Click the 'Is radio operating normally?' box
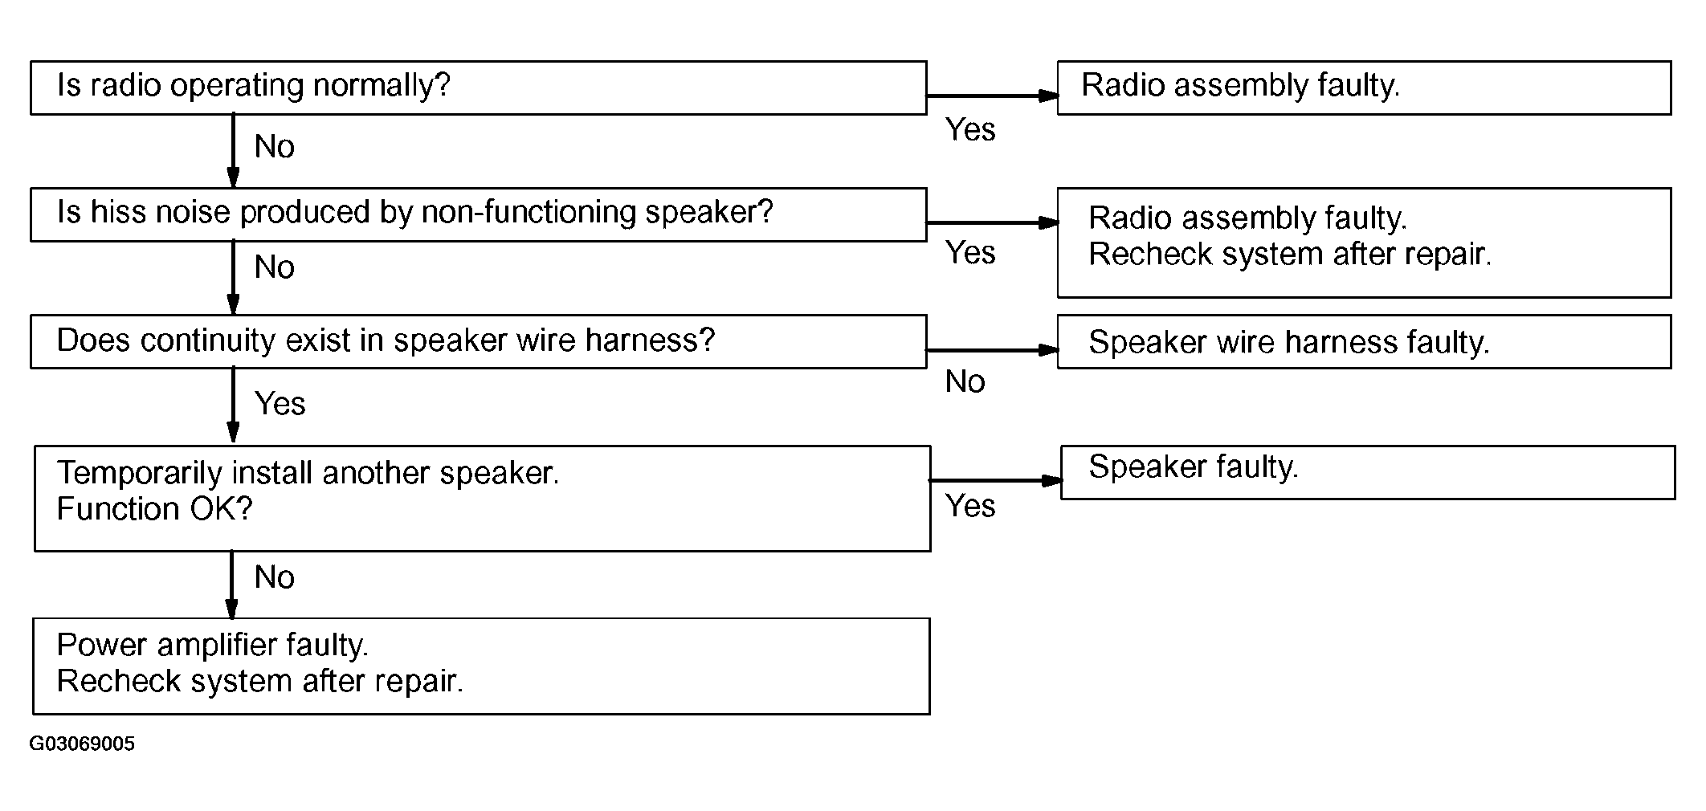(x=479, y=88)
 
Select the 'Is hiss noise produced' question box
(x=479, y=214)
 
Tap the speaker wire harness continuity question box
(x=479, y=341)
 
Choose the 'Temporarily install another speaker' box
(x=483, y=499)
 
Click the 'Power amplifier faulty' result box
(x=482, y=666)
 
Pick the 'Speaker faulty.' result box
(x=1368, y=472)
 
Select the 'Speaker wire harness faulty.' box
(x=1365, y=341)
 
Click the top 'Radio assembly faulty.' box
(x=1365, y=88)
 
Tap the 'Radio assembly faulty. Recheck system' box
(x=1365, y=243)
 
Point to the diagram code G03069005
(x=82, y=744)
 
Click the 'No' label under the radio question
(x=275, y=147)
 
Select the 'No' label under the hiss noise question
(x=275, y=267)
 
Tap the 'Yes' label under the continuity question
(x=280, y=404)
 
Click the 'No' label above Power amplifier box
(x=275, y=577)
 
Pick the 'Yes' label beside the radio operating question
(x=970, y=130)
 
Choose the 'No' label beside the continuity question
(x=965, y=382)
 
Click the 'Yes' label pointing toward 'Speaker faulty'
(x=970, y=507)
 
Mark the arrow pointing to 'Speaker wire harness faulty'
(x=993, y=350)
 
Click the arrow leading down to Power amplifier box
(x=231, y=585)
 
